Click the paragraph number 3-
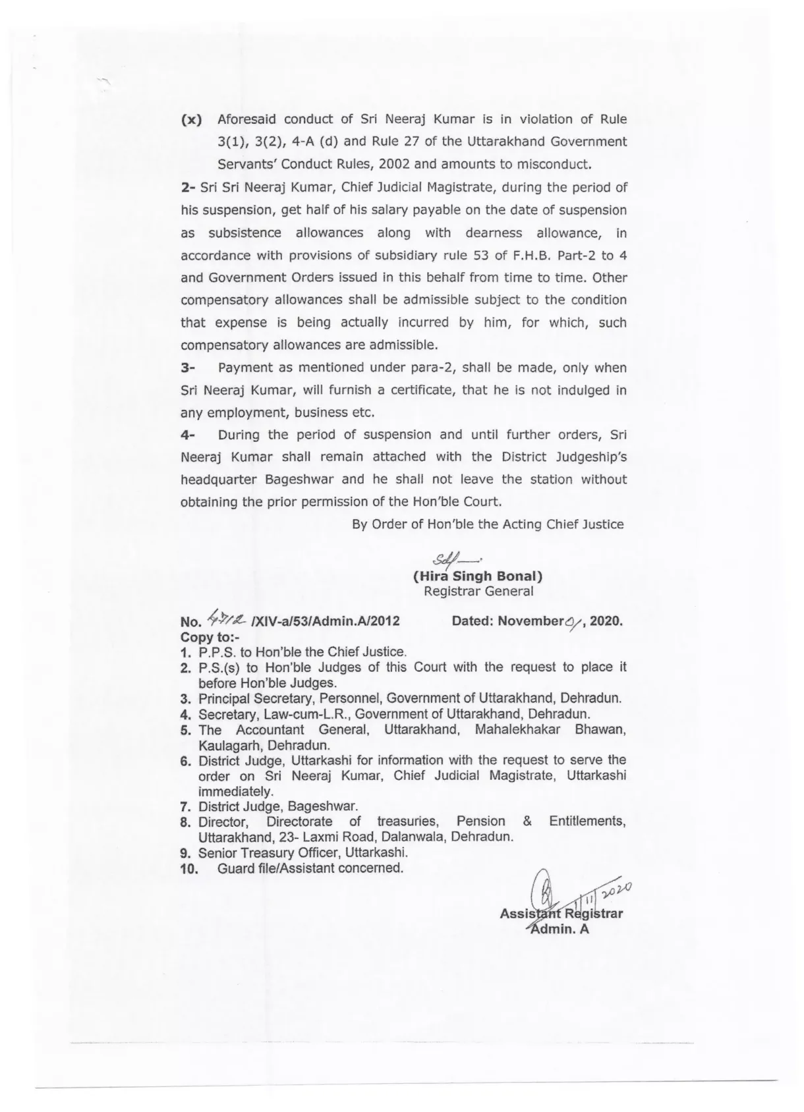[188, 368]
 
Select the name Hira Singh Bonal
[478, 576]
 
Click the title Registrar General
[478, 592]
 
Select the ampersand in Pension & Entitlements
[527, 821]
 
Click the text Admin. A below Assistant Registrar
[560, 929]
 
